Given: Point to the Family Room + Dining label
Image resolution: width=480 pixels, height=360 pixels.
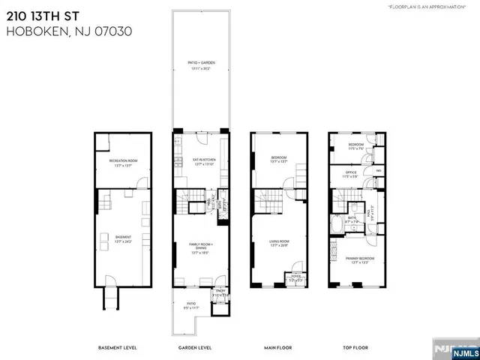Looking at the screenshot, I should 199,250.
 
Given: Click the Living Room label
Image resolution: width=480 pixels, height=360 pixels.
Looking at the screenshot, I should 278,242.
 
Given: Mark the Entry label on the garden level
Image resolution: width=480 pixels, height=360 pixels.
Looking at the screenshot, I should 220,292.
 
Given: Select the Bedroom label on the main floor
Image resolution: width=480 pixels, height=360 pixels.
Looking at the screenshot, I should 278,158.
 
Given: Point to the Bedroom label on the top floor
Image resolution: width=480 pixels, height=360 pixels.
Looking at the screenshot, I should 355,145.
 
